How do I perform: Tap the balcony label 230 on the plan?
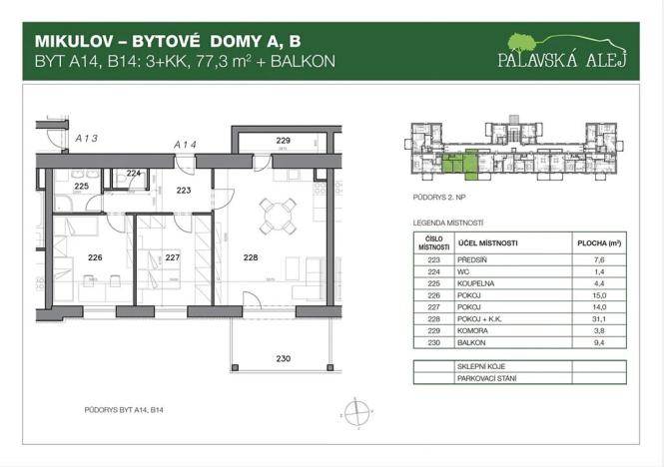(284, 359)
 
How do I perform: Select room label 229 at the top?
(283, 142)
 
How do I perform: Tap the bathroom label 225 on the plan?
(82, 187)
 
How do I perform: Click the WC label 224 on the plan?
(134, 172)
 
